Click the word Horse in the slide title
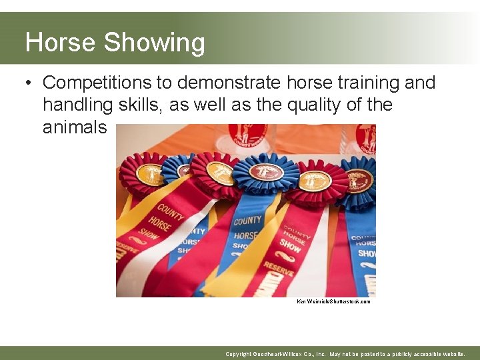(61, 43)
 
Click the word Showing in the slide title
(154, 43)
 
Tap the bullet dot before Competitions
(29, 83)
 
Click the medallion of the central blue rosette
(266, 173)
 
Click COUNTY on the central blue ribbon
(247, 220)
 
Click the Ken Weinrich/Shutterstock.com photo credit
(333, 302)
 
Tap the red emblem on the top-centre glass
(247, 133)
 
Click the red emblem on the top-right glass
(365, 137)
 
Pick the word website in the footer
(450, 354)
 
